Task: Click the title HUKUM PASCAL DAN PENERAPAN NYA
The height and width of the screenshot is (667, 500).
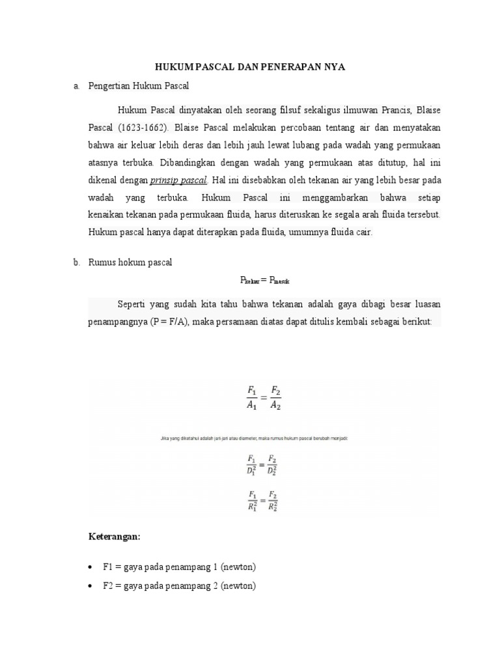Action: (x=249, y=67)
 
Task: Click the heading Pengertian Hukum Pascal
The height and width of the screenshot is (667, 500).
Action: (x=138, y=86)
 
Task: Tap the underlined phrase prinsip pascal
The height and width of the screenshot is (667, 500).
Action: (x=179, y=180)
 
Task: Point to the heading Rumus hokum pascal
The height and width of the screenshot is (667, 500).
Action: (x=130, y=263)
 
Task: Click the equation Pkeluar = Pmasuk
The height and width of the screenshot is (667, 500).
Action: (x=264, y=280)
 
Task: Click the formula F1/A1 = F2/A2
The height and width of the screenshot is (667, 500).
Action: (x=264, y=397)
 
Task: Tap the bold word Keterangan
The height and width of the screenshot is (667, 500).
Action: (x=115, y=537)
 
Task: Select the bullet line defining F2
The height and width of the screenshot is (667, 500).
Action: (x=179, y=586)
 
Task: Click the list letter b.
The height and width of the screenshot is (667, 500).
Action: (x=76, y=263)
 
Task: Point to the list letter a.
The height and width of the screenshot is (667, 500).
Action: (x=76, y=86)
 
